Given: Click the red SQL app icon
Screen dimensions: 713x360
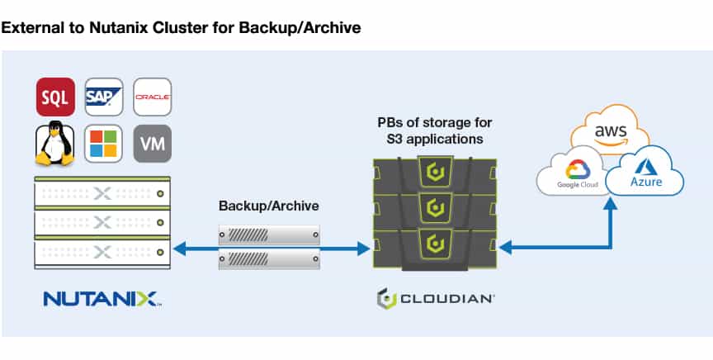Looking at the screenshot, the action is click(55, 97).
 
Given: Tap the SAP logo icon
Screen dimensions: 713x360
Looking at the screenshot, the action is click(104, 97).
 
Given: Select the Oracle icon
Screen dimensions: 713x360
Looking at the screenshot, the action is click(153, 97).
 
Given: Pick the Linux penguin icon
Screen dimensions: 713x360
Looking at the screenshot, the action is click(54, 144).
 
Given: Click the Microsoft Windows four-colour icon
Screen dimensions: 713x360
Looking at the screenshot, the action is click(103, 144).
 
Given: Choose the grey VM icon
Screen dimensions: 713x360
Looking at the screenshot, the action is click(153, 144).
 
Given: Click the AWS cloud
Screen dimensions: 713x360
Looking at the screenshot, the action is click(610, 129).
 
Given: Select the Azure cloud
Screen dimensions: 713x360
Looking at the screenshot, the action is click(645, 171).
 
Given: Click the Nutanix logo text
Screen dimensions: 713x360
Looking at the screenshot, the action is click(101, 299).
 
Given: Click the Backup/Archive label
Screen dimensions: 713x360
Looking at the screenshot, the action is click(269, 206).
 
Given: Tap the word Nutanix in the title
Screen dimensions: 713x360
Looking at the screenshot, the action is click(118, 28).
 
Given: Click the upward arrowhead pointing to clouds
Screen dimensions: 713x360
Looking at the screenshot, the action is click(610, 203).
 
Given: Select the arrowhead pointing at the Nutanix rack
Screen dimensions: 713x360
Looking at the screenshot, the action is click(180, 249).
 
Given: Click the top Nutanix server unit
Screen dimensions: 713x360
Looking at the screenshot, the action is click(103, 193).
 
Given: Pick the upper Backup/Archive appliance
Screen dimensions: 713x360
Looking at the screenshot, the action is click(269, 234).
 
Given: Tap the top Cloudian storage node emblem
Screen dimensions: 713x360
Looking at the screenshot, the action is click(435, 172).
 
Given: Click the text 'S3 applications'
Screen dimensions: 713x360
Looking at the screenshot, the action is click(435, 139).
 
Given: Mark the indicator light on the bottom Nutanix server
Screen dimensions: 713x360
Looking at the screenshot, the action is click(160, 252).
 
